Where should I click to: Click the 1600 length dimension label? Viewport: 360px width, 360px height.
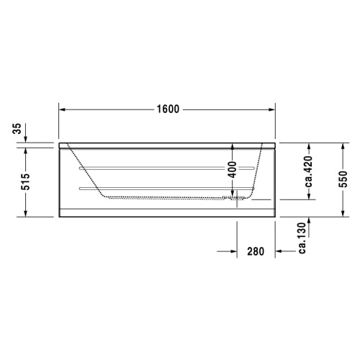pos(168,109)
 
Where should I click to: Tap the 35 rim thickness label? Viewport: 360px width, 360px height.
pos(17,129)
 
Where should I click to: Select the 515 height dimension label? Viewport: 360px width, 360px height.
pos(26,181)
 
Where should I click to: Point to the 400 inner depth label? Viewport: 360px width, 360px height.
pos(233,170)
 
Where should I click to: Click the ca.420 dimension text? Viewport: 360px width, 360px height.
pos(309,171)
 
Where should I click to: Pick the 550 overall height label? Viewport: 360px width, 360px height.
pos(343,179)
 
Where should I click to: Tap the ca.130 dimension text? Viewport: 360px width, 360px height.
pos(302,238)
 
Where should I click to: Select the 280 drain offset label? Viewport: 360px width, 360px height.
pos(256,251)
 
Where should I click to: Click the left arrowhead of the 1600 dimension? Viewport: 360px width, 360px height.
pos(62,109)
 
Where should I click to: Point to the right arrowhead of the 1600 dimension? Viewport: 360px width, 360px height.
pos(272,109)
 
